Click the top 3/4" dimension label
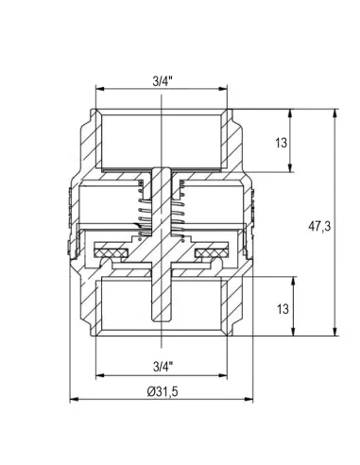163,81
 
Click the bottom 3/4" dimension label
163,367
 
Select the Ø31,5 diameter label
163,391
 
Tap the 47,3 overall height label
319,226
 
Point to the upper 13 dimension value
282,143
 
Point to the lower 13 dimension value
283,309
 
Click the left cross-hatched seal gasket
111,252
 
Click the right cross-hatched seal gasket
212,252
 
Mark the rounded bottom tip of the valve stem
162,320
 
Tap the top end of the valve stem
162,169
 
